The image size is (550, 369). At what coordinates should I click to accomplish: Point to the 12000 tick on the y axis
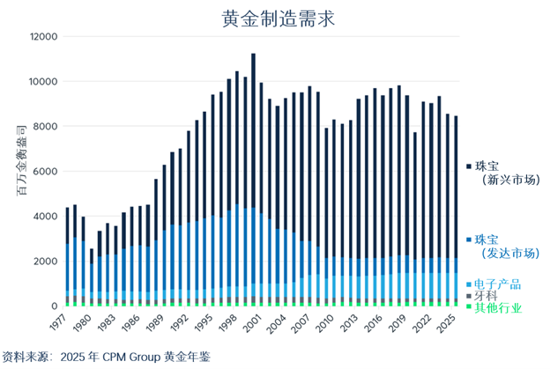point(42,37)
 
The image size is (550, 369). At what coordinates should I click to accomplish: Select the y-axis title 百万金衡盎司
point(20,172)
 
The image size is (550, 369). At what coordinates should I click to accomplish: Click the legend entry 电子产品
point(497,284)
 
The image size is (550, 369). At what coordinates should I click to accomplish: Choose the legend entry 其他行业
point(497,308)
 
